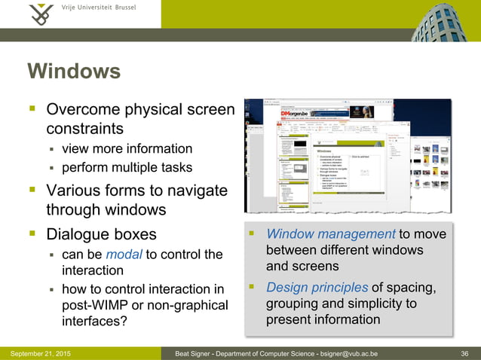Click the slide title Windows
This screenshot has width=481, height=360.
(74, 72)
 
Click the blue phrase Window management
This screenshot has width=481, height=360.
(331, 234)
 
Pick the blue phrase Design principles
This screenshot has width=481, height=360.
(317, 287)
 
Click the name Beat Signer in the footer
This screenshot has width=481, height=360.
(195, 353)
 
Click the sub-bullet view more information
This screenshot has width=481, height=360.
(127, 148)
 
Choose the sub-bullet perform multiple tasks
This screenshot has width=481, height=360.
(127, 167)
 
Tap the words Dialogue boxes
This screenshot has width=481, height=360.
(101, 234)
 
